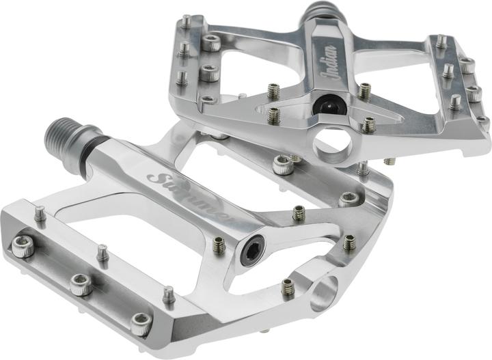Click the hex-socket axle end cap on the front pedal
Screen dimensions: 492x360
(x=253, y=250)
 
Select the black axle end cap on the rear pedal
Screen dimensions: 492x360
(x=329, y=105)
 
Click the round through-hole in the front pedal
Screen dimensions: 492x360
(x=325, y=291)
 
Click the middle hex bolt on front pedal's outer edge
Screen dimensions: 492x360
(x=81, y=284)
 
